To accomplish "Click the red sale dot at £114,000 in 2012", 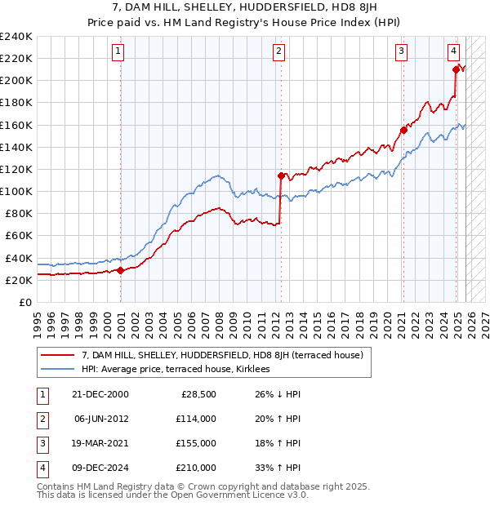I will (x=280, y=175).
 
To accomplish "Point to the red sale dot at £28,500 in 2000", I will (x=121, y=270).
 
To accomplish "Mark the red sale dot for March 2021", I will (x=403, y=130).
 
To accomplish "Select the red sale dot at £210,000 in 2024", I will (x=455, y=69).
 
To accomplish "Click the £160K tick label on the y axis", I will (x=16, y=125).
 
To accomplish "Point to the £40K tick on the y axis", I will (x=19, y=258).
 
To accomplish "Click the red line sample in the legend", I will (x=58, y=355).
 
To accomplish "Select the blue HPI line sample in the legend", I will (x=58, y=369).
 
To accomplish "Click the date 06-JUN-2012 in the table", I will (x=102, y=419).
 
